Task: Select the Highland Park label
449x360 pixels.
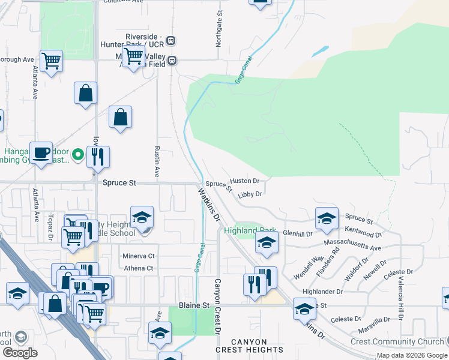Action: coord(250,230)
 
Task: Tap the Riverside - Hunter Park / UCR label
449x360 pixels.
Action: coord(145,40)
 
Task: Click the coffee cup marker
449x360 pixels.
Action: coord(41,152)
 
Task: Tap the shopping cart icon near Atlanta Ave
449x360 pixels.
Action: coord(52,60)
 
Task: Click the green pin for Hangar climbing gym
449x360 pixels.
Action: coord(77,157)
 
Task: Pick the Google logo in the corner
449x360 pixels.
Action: coord(19,353)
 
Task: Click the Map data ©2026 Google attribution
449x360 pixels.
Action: coord(411,355)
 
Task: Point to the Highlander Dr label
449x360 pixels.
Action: coord(322,291)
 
